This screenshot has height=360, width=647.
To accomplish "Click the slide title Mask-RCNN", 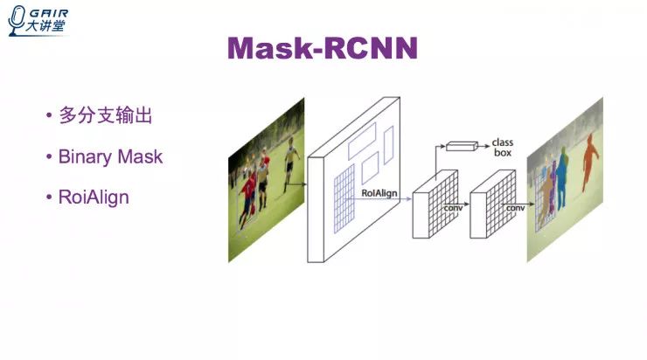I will coord(323,49).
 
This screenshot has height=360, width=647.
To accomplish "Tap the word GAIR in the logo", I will coord(50,13).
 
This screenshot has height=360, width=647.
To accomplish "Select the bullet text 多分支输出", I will coord(111,115).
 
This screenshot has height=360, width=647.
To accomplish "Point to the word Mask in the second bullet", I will coord(142,157).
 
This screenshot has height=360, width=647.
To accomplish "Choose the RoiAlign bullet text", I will coord(94,197).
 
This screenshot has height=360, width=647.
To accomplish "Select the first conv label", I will coord(452,210).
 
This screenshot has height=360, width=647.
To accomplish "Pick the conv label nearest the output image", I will coord(515,210).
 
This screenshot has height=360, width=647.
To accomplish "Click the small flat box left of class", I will coord(462,145).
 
